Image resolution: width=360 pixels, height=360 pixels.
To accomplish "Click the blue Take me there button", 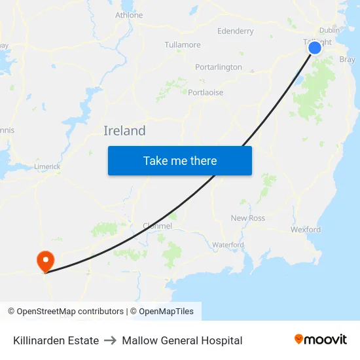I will (x=179, y=160).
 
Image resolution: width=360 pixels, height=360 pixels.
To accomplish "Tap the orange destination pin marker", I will (x=45, y=261).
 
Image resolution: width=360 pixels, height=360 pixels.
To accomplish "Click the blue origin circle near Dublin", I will (x=315, y=48).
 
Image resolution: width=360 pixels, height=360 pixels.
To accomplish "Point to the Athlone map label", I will (x=129, y=15).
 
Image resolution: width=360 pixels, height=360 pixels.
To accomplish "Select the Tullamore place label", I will (x=183, y=45).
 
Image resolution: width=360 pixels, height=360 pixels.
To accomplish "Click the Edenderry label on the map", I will (x=235, y=31).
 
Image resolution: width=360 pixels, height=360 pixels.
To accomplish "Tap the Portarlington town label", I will (x=219, y=67).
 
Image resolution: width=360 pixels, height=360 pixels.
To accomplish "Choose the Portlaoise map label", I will (x=206, y=92).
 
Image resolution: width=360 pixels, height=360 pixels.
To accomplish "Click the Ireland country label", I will (x=124, y=131).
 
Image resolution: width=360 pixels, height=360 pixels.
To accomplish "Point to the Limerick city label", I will (x=47, y=167).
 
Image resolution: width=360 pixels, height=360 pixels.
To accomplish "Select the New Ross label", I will (x=248, y=218).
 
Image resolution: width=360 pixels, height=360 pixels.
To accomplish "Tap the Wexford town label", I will (x=306, y=230).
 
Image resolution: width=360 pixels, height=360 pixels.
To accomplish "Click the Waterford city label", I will (x=228, y=245).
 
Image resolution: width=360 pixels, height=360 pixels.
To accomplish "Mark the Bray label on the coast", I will (x=348, y=60).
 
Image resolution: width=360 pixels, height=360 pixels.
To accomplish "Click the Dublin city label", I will (x=329, y=30).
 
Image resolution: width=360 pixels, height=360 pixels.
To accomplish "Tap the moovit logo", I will (x=321, y=339).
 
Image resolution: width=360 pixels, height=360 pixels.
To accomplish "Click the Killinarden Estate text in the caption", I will (x=56, y=340).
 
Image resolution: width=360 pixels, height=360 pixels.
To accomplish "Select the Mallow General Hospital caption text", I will (x=182, y=340).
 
